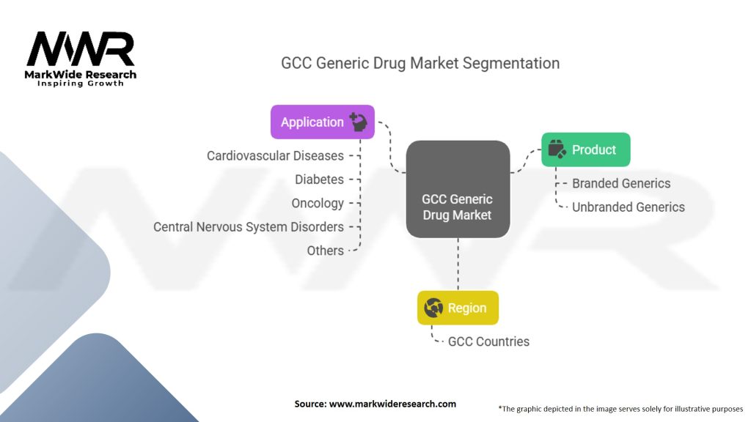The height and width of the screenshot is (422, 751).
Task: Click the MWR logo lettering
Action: [x=81, y=50]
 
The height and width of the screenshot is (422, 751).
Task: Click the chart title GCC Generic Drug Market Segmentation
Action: [x=420, y=63]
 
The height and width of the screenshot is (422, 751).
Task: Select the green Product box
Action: [x=585, y=149]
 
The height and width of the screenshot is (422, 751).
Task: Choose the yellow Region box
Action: [x=458, y=308]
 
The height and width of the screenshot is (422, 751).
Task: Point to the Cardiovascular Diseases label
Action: [x=275, y=155]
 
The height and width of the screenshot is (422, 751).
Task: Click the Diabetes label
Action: [x=319, y=179]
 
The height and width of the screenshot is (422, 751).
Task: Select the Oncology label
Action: [x=318, y=203]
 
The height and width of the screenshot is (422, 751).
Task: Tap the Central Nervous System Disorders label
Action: [x=249, y=227]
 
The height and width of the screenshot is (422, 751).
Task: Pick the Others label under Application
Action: [x=326, y=251]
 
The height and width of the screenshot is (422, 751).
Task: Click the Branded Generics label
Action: [x=621, y=183]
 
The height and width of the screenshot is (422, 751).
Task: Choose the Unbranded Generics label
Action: [x=629, y=207]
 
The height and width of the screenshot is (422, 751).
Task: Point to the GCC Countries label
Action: [x=488, y=341]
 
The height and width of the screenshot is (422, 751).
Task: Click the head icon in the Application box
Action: [x=359, y=122]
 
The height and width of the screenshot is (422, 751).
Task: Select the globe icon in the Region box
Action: [x=433, y=308]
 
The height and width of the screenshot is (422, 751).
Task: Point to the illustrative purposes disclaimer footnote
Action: [x=620, y=408]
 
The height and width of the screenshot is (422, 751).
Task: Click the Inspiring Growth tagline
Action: [x=81, y=84]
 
